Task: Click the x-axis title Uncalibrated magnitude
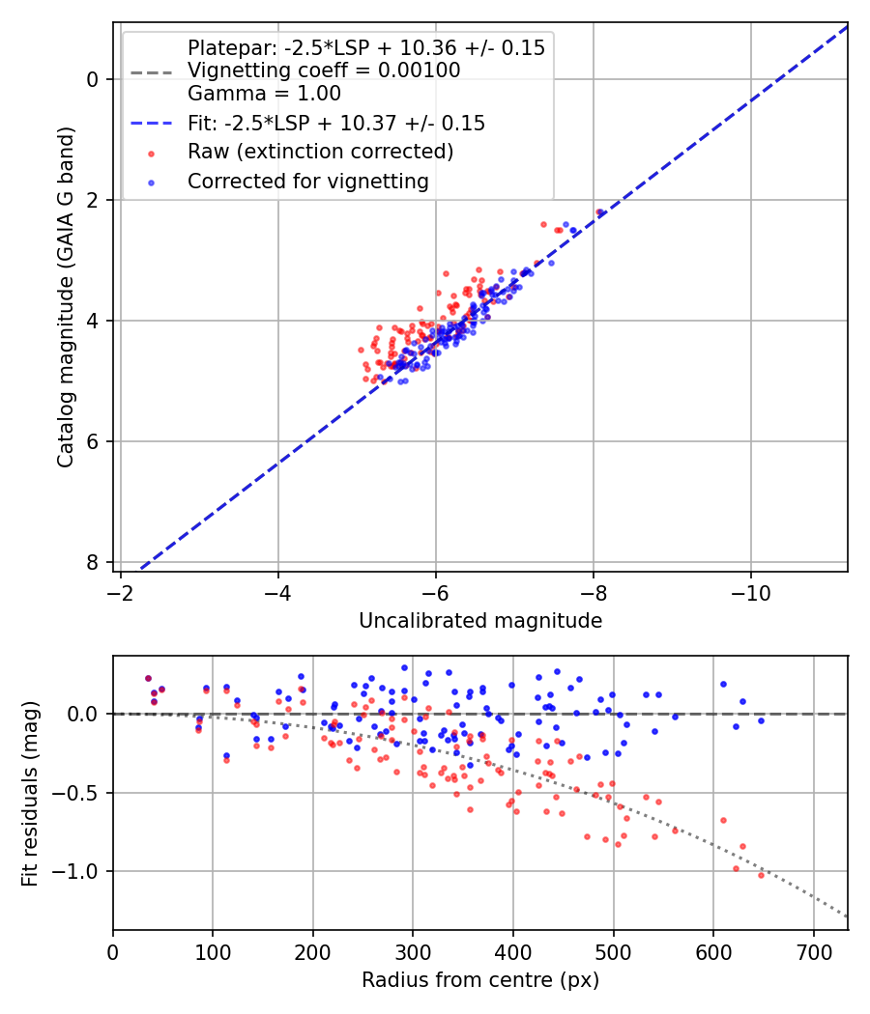[x=480, y=621]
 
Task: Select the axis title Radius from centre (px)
[x=480, y=980]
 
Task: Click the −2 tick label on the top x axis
[x=120, y=591]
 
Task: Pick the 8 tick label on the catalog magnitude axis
[x=94, y=563]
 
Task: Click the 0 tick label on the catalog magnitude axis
[x=94, y=79]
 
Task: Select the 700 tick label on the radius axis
[x=813, y=950]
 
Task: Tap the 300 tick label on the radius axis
[x=413, y=950]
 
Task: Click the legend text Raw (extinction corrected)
[x=320, y=152]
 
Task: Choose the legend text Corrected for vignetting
[x=308, y=181]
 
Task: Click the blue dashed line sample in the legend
[x=150, y=124]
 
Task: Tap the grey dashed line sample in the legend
[x=150, y=70]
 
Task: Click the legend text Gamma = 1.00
[x=264, y=94]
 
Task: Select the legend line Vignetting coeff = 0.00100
[x=324, y=70]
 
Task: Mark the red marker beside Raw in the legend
[x=150, y=153]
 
